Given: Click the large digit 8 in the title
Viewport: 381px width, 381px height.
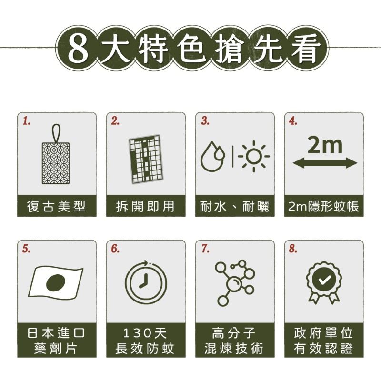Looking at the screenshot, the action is point(78,48).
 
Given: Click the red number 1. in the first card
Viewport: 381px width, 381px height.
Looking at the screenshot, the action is point(27,121).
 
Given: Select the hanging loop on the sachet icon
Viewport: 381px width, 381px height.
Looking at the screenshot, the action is point(56,133).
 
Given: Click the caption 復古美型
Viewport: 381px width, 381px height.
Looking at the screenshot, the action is point(56,206).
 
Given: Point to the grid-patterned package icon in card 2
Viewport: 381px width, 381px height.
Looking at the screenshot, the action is point(146,160).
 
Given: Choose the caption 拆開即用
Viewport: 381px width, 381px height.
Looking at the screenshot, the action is point(145,206).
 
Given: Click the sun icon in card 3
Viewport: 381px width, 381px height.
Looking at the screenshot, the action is point(254,156).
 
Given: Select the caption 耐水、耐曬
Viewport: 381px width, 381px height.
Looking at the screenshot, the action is point(234,206).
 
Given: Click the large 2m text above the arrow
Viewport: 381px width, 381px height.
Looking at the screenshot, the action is point(325,145).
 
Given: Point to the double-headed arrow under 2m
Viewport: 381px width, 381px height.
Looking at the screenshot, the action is point(325,163).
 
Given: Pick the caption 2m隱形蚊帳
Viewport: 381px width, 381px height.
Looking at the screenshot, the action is point(324,206).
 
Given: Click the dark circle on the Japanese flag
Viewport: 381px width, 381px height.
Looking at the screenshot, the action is point(56,282).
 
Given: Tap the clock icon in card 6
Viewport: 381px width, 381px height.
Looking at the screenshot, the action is point(146,282).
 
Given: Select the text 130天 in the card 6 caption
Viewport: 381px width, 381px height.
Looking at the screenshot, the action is point(145,332).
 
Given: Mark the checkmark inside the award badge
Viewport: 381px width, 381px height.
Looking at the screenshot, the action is point(324,280).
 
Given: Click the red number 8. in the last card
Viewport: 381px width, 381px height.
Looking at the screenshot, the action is point(293,249).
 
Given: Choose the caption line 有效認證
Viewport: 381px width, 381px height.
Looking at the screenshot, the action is point(323,349).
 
